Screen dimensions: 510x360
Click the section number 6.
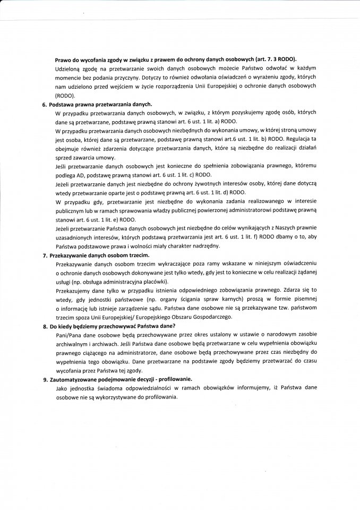[x=44, y=105]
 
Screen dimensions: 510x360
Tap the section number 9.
[x=45, y=379]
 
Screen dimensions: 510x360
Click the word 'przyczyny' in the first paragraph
[x=125, y=79]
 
